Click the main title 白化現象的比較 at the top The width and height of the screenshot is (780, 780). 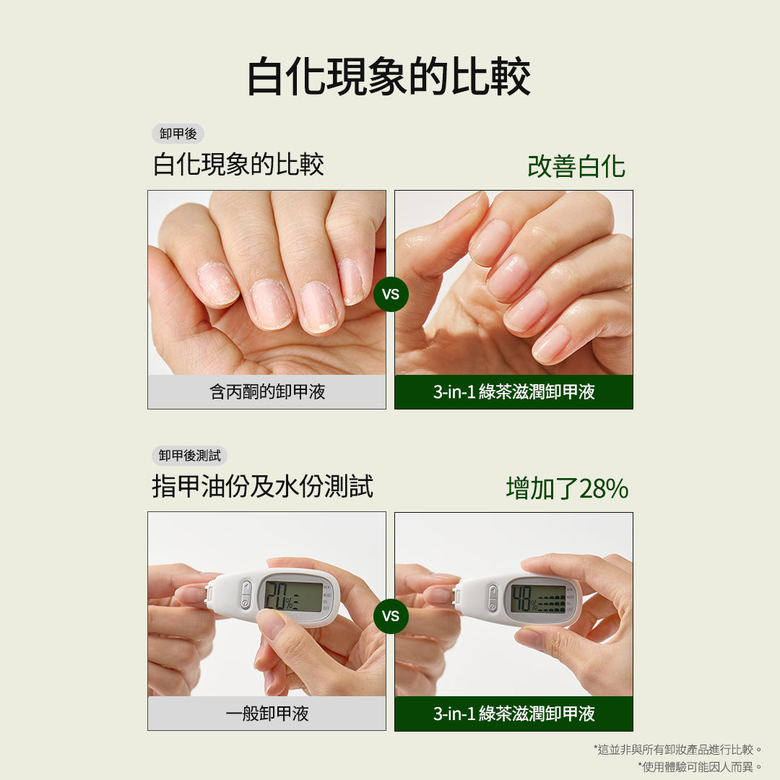click(389, 78)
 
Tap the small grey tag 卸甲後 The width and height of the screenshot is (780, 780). click(178, 134)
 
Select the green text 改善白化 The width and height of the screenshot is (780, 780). click(576, 166)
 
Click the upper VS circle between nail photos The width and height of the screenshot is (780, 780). click(391, 294)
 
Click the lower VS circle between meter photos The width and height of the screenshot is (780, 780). click(391, 616)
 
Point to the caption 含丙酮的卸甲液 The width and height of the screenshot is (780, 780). click(267, 392)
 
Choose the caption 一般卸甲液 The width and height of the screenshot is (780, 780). click(267, 714)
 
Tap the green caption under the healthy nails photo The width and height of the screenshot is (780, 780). click(513, 392)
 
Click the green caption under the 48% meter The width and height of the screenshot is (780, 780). click(513, 714)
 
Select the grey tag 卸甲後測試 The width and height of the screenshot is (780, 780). click(189, 456)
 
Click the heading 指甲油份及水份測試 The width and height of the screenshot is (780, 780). click(262, 487)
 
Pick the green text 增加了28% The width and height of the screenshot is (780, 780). click(567, 489)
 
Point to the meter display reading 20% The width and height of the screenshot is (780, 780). click(293, 597)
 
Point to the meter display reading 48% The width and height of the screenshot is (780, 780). click(538, 598)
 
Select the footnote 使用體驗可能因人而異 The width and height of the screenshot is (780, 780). click(700, 766)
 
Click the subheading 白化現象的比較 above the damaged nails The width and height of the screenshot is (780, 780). click(238, 165)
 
